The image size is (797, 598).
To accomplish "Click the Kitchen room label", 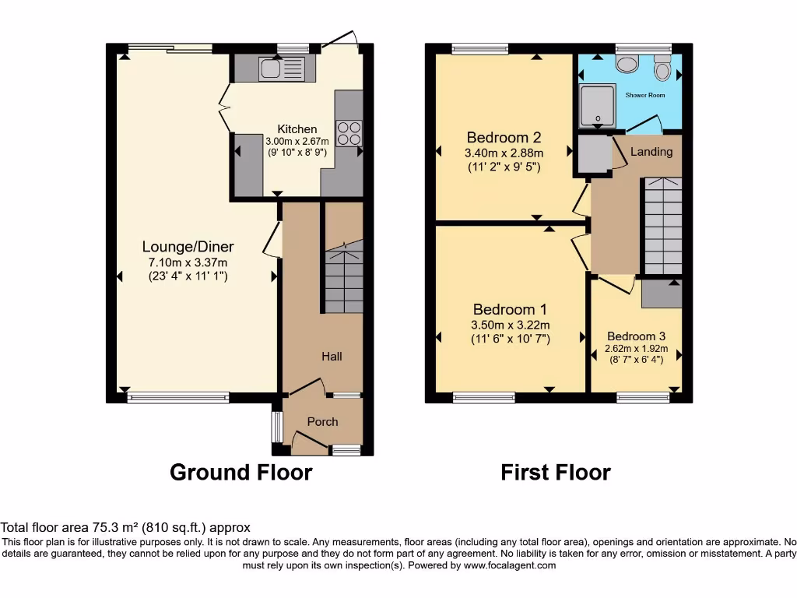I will click(297, 129).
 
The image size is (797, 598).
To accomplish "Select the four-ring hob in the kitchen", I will click(349, 133).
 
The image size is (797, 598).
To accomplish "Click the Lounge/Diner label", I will click(188, 247).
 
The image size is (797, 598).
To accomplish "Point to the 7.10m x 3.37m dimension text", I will click(188, 262).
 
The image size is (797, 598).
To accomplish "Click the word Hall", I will click(332, 356).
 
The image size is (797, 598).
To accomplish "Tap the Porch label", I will click(322, 422).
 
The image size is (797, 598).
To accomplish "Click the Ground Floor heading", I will click(241, 472).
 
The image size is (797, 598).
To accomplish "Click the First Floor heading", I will click(556, 472).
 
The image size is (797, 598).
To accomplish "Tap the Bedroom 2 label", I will click(504, 138).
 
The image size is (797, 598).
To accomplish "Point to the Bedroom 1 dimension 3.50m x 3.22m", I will click(510, 325).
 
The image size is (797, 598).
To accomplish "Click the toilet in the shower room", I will click(663, 69).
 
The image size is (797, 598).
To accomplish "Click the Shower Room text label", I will click(645, 95).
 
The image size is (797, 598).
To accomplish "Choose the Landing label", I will click(651, 152).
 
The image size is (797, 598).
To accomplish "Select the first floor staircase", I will click(662, 226).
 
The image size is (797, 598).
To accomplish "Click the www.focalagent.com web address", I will click(509, 565).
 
